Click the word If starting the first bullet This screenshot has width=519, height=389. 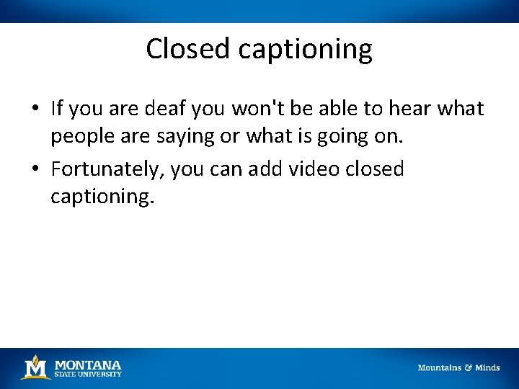click(58, 108)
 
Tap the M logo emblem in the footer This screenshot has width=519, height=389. click(35, 367)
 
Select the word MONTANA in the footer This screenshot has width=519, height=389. click(88, 365)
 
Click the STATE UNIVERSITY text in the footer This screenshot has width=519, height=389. click(88, 374)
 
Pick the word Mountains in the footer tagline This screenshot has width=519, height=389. click(439, 367)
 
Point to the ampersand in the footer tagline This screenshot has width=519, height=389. click(468, 367)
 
